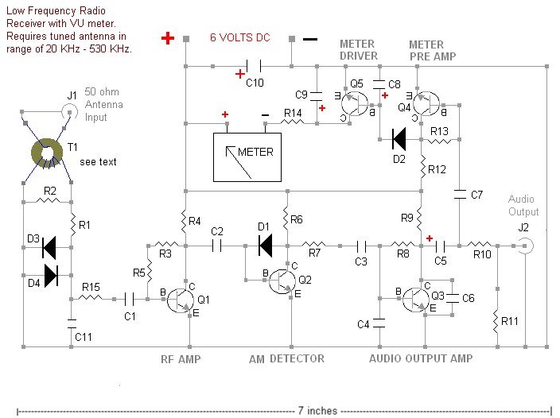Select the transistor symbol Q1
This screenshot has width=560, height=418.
[x=181, y=300]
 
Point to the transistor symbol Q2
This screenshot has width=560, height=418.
[x=282, y=281]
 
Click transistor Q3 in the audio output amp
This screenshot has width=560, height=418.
[x=416, y=300]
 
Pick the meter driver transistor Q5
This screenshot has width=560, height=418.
[x=354, y=104]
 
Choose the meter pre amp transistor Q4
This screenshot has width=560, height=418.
[x=426, y=104]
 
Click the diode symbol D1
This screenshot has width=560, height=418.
[x=266, y=246]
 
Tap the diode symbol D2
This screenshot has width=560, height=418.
[x=399, y=139]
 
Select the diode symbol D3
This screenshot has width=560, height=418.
[x=49, y=247]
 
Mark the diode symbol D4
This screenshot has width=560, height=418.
[x=51, y=275]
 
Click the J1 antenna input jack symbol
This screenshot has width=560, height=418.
[x=70, y=112]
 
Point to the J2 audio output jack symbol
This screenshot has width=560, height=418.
[x=525, y=246]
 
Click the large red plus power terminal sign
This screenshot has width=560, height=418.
[x=168, y=38]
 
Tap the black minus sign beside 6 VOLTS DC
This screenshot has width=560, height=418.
[x=310, y=39]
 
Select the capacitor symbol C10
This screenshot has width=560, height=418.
[x=254, y=66]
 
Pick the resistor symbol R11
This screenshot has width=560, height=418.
[x=496, y=323]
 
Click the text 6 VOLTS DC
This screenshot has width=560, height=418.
[x=239, y=37]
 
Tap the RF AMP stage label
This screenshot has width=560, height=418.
[x=181, y=358]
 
